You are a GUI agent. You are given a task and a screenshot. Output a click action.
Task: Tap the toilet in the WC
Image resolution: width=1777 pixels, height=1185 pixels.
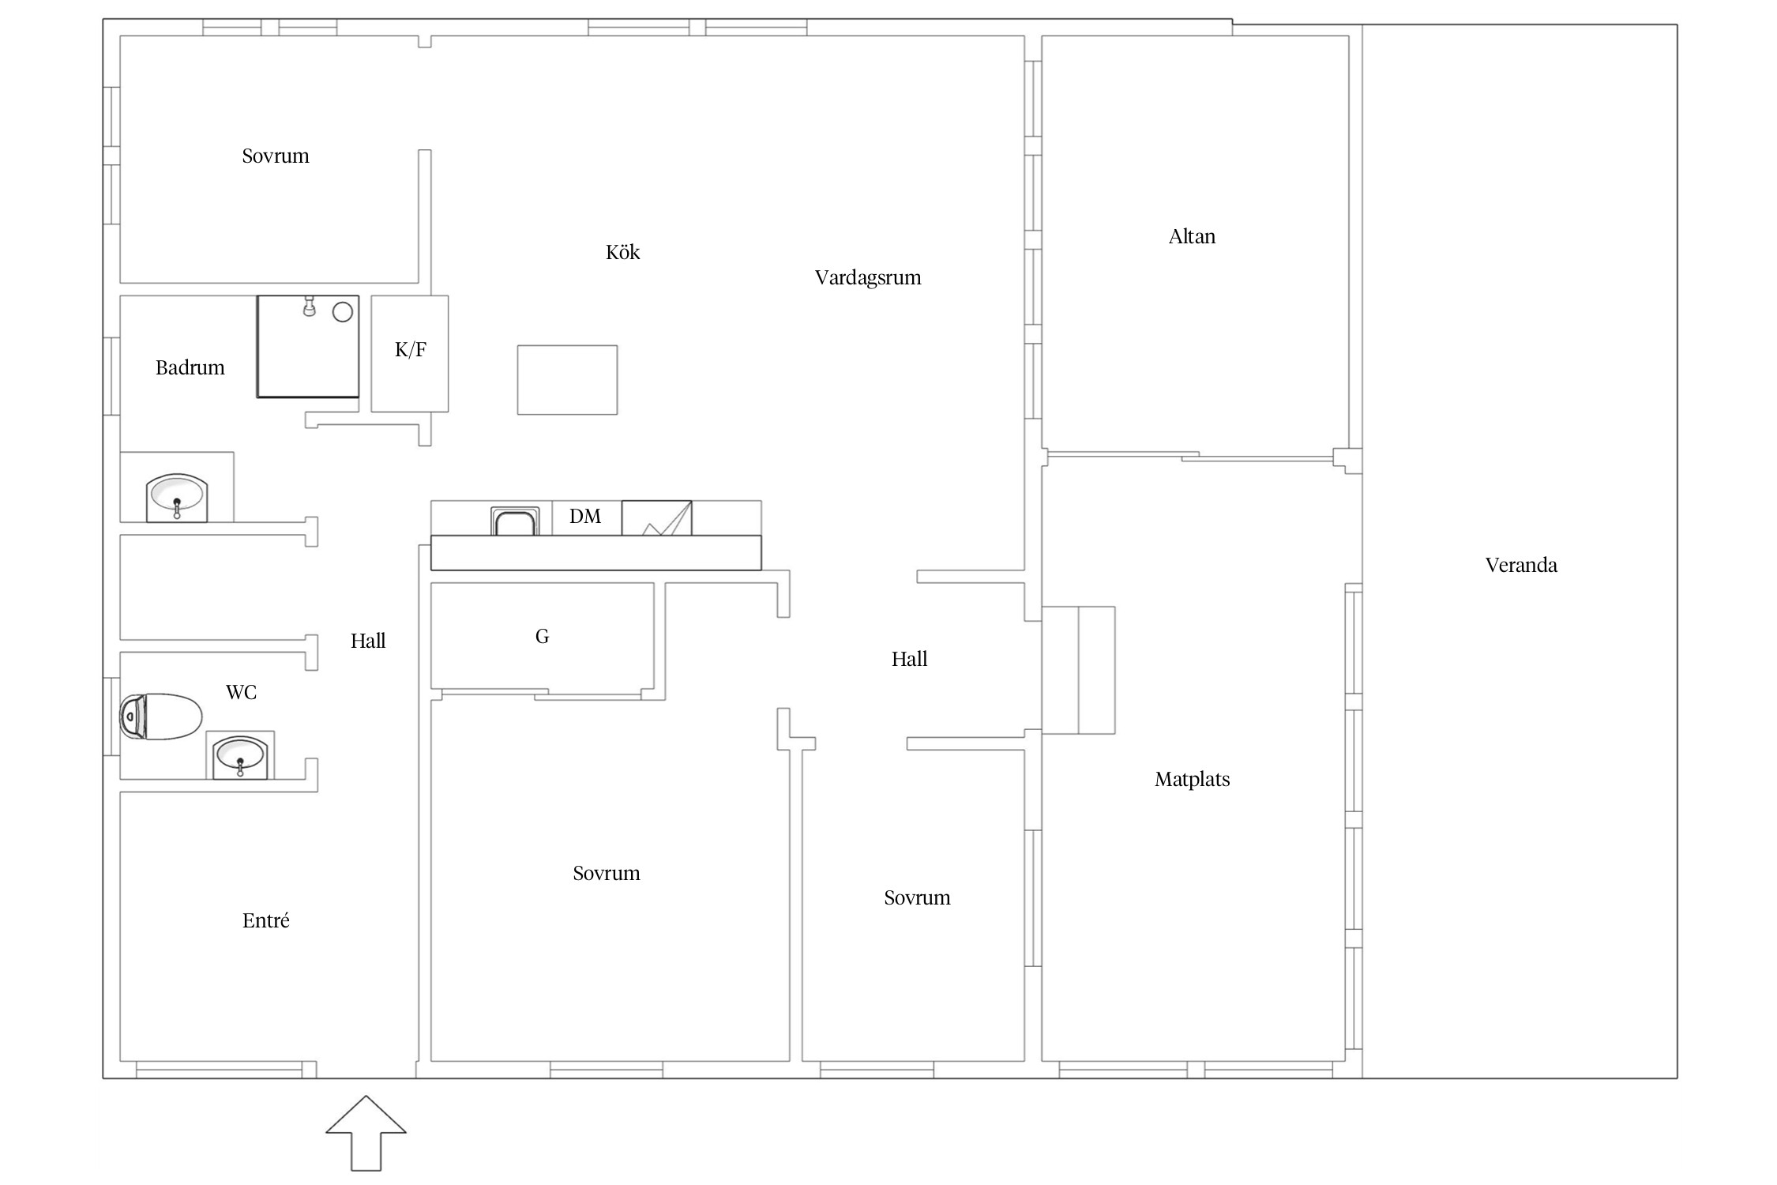pos(160,717)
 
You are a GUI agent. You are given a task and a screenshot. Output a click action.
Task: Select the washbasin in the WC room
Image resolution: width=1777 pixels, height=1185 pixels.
pos(240,757)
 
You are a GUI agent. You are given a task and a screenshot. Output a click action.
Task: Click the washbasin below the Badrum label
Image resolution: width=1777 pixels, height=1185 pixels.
pos(177,498)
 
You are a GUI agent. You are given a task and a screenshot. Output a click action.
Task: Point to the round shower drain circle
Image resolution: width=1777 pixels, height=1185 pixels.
pos(343,312)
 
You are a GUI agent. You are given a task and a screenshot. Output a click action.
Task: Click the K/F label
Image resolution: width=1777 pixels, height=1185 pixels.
pos(411,350)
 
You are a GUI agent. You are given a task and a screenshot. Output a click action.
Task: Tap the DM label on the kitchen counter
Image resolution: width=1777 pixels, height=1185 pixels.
pos(585,517)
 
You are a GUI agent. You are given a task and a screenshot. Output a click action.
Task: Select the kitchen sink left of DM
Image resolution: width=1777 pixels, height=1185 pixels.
pos(515,521)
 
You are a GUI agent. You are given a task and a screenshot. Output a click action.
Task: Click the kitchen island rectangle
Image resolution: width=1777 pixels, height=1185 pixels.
pos(567,380)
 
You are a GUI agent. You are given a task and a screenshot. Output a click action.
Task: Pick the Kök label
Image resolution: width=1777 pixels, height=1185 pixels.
pos(622,253)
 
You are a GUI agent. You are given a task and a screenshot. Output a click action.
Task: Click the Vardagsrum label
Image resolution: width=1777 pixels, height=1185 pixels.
pos(868,278)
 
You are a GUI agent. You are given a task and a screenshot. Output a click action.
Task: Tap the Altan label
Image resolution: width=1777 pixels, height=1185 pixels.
pos(1192,236)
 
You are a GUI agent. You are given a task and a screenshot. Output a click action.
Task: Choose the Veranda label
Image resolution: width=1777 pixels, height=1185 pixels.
pos(1521,565)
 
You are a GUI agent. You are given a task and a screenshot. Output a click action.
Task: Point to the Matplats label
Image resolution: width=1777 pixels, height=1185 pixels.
pos(1192,780)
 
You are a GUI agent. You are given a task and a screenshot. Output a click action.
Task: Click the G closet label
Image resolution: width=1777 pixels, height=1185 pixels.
pos(542,637)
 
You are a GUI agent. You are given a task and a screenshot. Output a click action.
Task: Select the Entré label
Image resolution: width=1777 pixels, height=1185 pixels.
pos(266,920)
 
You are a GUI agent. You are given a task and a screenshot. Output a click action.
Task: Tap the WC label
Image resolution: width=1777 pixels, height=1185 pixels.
pos(241,693)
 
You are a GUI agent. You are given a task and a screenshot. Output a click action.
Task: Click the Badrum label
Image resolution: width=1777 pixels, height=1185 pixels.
pos(190,367)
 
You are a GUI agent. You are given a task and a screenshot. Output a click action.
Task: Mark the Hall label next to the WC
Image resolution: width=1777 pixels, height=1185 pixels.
pos(368,641)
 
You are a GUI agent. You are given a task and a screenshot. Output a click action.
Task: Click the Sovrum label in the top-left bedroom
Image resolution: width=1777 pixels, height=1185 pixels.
pos(276,156)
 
